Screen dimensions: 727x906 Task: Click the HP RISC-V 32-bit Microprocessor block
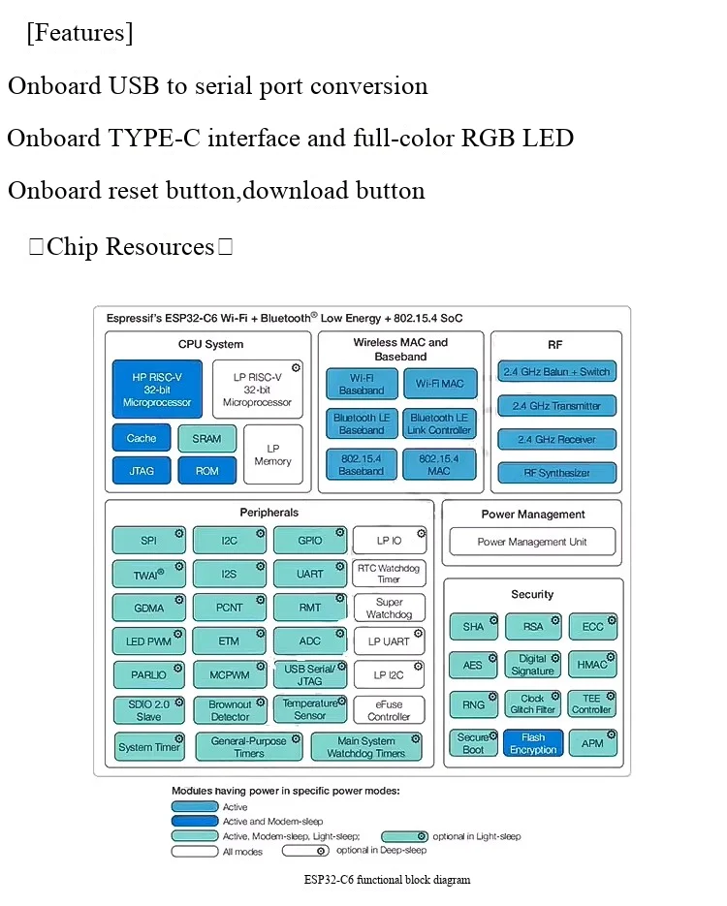(x=157, y=389)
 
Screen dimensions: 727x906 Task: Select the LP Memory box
(x=273, y=454)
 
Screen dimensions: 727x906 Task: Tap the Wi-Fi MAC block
(x=440, y=384)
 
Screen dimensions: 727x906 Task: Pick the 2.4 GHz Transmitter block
(x=556, y=406)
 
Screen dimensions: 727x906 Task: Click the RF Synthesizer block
(x=556, y=473)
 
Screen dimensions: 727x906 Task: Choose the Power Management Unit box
(x=532, y=542)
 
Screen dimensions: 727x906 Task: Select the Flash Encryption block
(x=533, y=743)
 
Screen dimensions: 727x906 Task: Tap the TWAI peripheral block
(x=149, y=575)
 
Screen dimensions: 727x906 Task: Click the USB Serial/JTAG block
(x=310, y=674)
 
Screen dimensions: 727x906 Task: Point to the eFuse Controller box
(x=389, y=710)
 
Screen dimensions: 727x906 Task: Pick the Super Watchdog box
(x=389, y=608)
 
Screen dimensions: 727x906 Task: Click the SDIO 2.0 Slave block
(x=149, y=710)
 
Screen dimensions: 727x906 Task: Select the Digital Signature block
(x=533, y=665)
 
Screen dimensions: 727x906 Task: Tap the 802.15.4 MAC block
(x=439, y=464)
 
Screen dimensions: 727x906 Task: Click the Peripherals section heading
(x=269, y=513)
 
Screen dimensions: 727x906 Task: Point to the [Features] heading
(x=79, y=33)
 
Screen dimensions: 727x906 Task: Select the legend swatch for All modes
(x=195, y=851)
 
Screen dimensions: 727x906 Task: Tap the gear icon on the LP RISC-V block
(x=296, y=367)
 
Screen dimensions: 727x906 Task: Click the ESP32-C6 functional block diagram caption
(x=387, y=880)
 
